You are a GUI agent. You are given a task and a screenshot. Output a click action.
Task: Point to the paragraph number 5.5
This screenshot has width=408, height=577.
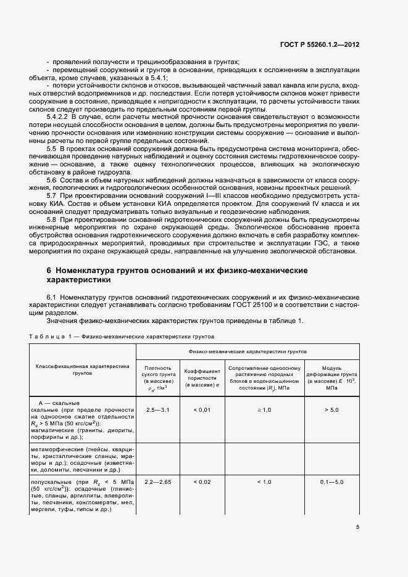click(x=52, y=149)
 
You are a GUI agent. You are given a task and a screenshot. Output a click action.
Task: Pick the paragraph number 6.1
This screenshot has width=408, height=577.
click(x=52, y=297)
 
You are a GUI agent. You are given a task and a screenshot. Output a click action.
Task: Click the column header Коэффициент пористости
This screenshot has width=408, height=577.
click(x=202, y=375)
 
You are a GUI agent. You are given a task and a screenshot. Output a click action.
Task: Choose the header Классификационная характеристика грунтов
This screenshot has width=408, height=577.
click(x=82, y=369)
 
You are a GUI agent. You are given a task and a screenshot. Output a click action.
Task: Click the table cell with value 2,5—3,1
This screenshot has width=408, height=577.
click(x=157, y=409)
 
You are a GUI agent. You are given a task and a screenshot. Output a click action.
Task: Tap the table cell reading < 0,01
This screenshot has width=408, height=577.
click(x=202, y=409)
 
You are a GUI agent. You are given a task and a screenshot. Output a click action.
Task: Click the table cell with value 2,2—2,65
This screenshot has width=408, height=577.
click(x=157, y=481)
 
